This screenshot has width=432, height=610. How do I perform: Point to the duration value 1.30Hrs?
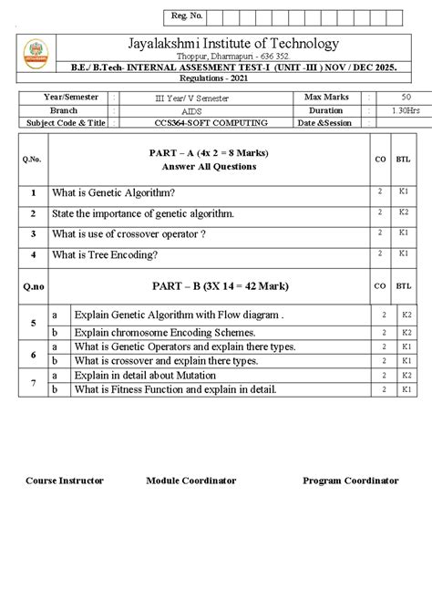(x=403, y=109)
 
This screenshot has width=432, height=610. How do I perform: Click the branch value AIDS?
(x=193, y=109)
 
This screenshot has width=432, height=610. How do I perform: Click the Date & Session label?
(x=324, y=122)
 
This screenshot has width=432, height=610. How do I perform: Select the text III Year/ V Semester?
(x=193, y=96)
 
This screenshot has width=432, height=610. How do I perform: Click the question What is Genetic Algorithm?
(x=113, y=192)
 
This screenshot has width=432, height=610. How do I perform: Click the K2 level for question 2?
(x=402, y=212)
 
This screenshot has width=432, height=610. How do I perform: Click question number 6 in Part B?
(x=33, y=354)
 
